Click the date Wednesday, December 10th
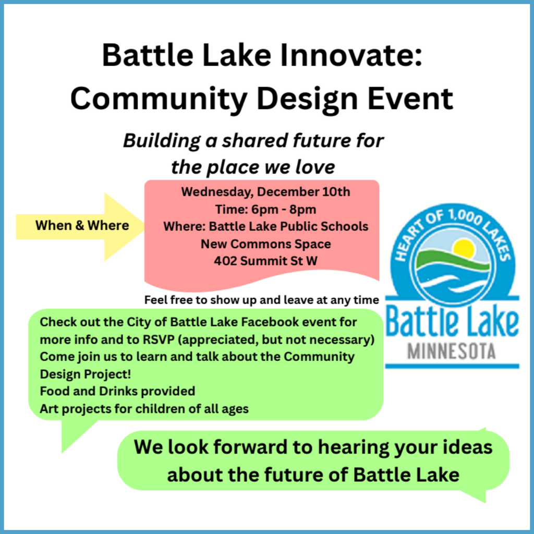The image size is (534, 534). (265, 192)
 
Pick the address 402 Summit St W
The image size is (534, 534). (265, 261)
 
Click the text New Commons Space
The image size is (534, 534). (265, 244)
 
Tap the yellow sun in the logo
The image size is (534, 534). (464, 248)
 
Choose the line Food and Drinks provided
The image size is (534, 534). (117, 391)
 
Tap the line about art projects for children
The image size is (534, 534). (144, 409)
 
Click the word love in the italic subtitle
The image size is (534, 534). (314, 167)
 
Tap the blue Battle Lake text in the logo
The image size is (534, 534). (452, 324)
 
